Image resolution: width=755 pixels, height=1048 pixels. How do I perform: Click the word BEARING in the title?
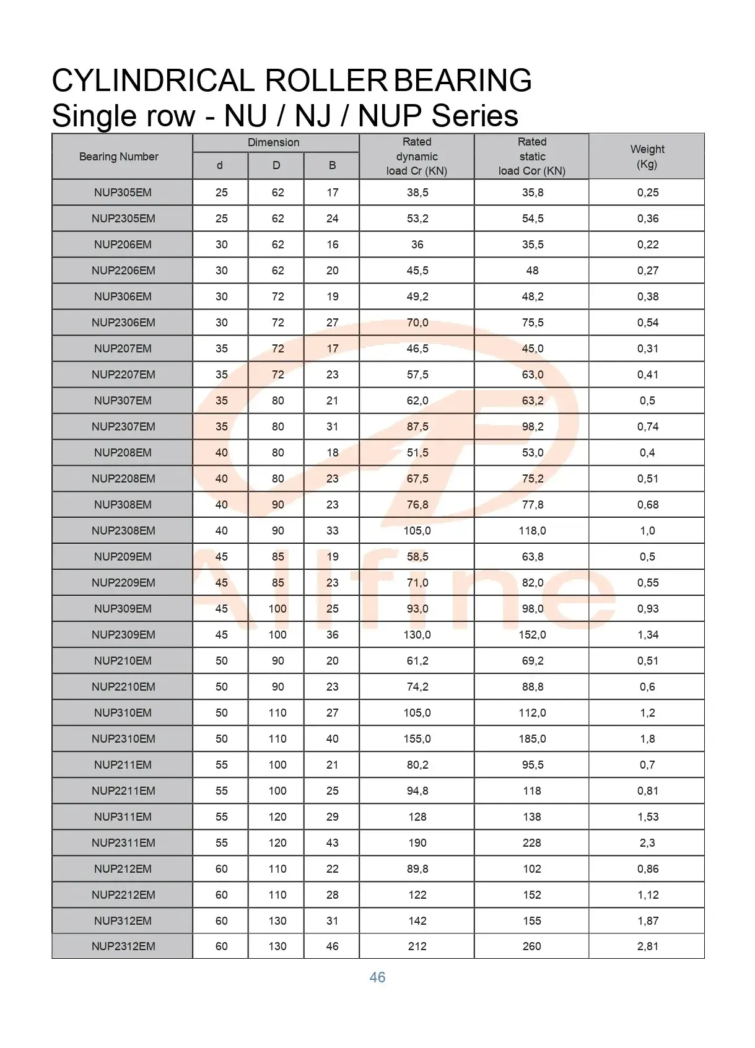pos(463,81)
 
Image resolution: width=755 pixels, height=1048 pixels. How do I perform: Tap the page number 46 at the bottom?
pos(377,977)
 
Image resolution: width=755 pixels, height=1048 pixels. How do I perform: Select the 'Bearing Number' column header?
pos(119,157)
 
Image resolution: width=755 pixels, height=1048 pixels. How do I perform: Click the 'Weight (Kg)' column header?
pos(647,157)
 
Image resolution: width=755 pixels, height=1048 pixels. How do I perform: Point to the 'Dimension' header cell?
pos(273,142)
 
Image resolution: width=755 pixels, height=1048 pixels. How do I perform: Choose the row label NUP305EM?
pos(123,193)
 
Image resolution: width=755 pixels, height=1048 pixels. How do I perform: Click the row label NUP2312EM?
pos(123,946)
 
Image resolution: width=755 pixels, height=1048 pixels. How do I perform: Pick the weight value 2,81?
pos(648,946)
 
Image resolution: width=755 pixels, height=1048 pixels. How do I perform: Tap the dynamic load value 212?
pos(417,946)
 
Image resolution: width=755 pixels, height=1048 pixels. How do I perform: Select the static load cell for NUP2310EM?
pos(532,739)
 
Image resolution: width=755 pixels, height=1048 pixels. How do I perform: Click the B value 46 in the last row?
pos(333,946)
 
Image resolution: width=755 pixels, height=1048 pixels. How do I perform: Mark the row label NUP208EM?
pos(123,453)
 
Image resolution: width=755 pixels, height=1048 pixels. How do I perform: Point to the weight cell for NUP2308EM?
pos(647,531)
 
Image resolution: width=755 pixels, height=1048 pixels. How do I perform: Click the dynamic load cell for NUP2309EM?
pos(417,635)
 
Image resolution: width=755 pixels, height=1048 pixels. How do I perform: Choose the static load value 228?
pos(532,843)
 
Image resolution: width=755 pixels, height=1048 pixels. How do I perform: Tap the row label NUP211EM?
pos(123,765)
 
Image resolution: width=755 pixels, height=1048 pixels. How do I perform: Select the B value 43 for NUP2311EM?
pos(333,843)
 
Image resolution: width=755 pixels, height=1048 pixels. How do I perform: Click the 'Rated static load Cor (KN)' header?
pos(532,157)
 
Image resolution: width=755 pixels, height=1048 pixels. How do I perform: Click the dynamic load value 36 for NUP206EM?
pos(417,245)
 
